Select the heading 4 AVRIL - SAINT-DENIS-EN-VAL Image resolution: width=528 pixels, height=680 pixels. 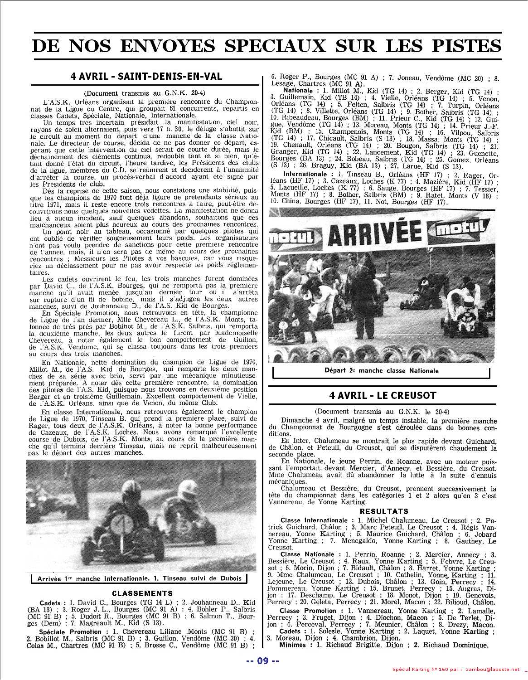146,76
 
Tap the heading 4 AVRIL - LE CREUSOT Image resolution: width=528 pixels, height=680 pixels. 383,395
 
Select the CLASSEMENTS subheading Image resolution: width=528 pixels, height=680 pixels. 142,593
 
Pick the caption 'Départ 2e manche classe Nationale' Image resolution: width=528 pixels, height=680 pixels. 382,371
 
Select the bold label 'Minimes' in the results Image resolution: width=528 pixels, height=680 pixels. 292,645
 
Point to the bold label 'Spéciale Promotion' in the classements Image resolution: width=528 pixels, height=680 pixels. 70,631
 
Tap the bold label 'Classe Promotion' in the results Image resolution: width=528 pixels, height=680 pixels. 308,611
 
